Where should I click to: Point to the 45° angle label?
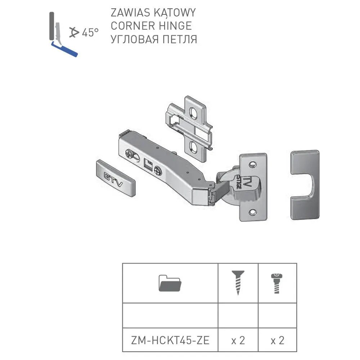pos(90,33)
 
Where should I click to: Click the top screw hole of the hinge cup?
pos(253,165)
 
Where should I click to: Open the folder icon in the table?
pos(170,283)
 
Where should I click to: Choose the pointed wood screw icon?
pos(238,283)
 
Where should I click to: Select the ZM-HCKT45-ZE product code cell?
pos(170,340)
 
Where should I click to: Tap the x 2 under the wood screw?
pos(238,340)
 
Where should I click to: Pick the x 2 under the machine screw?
pos(277,340)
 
